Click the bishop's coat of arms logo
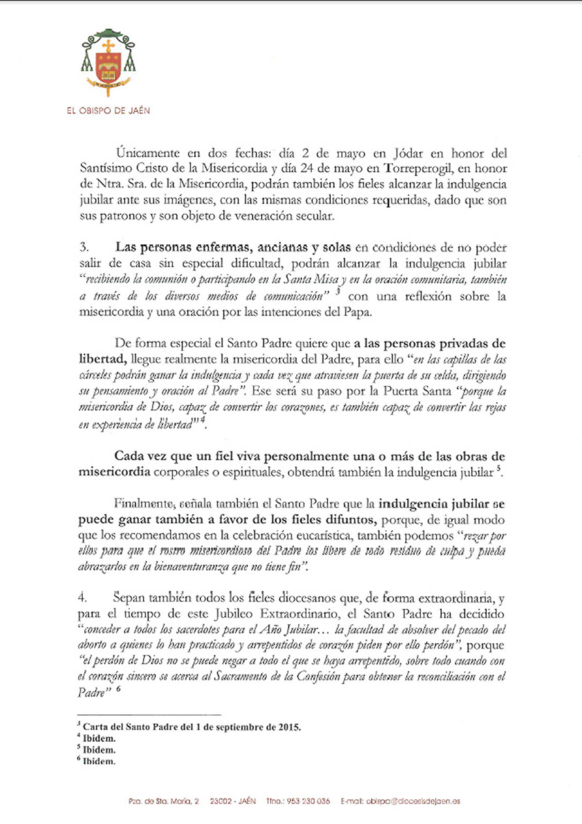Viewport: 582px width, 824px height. (108, 62)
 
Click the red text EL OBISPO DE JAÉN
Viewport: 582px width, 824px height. (108, 110)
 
